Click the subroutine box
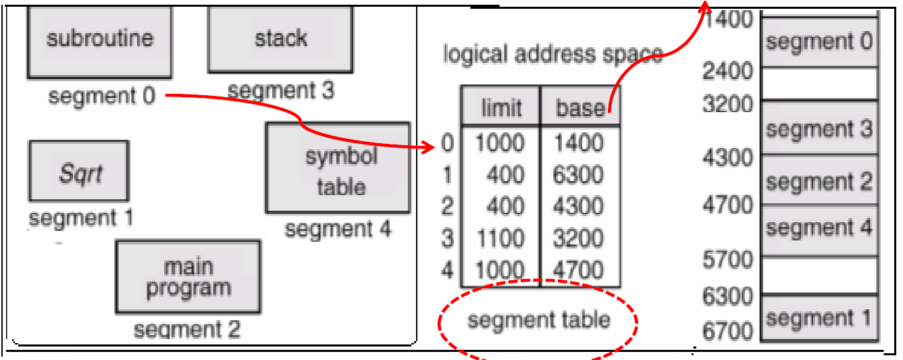(99, 41)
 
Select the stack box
(280, 39)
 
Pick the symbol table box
(338, 168)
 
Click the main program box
(188, 276)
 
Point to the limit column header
(500, 107)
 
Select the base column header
(579, 107)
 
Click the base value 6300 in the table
(578, 175)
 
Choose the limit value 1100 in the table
(499, 238)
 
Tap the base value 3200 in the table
(578, 238)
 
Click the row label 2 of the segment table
(447, 206)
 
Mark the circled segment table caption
(538, 319)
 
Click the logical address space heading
(552, 55)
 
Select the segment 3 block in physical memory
(819, 129)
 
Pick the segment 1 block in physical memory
(819, 317)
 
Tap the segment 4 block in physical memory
(819, 228)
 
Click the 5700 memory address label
(727, 259)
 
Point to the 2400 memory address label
(727, 71)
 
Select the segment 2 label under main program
(186, 330)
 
